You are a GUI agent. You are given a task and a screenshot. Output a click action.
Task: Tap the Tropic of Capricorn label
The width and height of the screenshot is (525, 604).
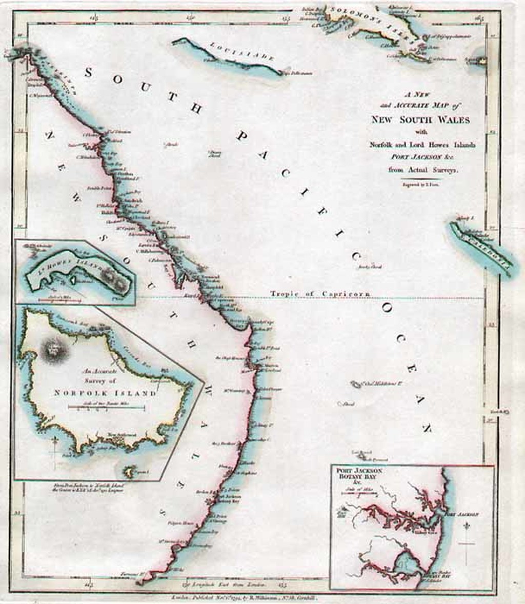tap(320, 293)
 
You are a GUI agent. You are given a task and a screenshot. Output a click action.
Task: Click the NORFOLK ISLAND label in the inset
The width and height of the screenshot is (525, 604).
tap(105, 393)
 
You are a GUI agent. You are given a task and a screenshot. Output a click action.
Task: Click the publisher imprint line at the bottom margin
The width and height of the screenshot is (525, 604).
tap(246, 598)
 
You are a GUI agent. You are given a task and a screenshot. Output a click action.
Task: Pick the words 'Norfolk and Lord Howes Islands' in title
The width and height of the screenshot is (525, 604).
tap(422, 145)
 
